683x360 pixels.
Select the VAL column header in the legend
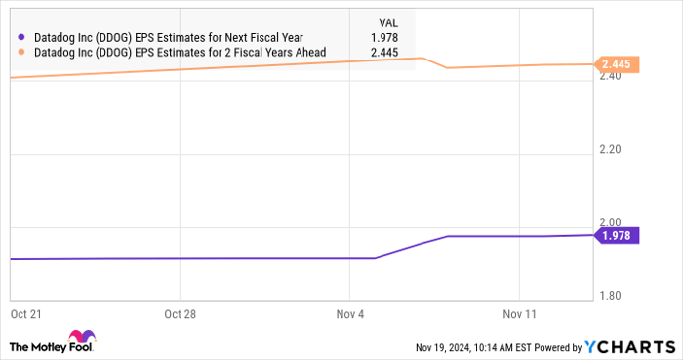(387, 21)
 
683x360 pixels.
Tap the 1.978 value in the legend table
(386, 38)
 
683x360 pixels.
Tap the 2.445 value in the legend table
(386, 53)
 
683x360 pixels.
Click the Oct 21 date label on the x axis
(26, 314)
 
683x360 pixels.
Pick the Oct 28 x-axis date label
(181, 314)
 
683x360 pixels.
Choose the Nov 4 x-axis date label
(349, 314)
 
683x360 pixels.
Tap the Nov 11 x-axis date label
(520, 314)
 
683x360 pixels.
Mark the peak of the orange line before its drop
(422, 58)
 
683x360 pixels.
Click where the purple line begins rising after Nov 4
(376, 258)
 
